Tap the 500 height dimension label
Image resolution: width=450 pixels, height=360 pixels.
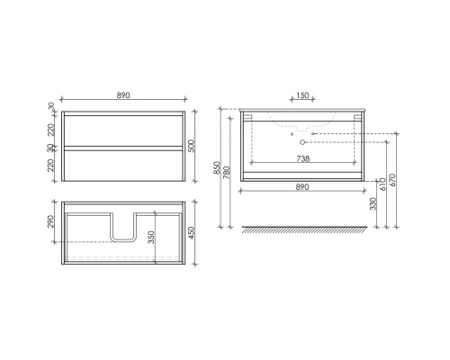pyautogui.click(x=192, y=145)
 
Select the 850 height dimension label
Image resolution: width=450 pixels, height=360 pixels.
pyautogui.click(x=221, y=168)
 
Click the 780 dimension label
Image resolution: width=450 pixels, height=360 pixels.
pyautogui.click(x=232, y=168)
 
